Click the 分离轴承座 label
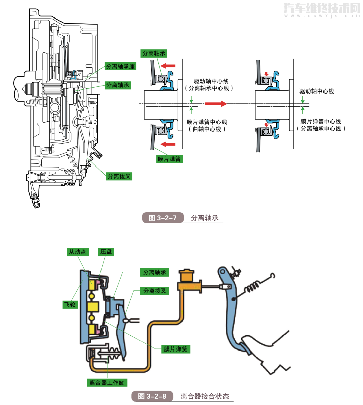(120, 66)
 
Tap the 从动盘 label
(78, 252)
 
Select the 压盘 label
(106, 252)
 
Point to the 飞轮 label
(70, 304)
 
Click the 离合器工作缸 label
(107, 383)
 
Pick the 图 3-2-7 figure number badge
(163, 218)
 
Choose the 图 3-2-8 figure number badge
(152, 396)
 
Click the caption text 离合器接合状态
(205, 396)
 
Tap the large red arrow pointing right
(216, 104)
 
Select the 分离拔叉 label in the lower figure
(155, 291)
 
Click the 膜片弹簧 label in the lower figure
(175, 349)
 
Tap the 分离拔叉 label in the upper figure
(119, 176)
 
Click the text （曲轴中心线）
(207, 129)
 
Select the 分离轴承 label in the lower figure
(155, 272)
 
